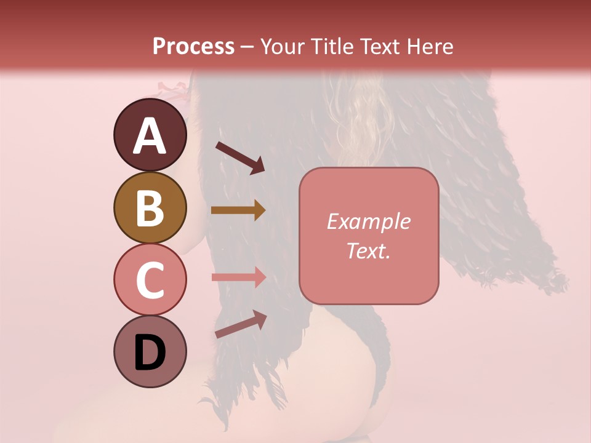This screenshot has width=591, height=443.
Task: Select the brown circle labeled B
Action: [x=150, y=207]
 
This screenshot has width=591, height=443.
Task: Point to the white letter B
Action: [x=150, y=208]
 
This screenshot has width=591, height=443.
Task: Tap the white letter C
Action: [x=150, y=280]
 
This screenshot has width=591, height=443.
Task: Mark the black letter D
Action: [x=150, y=353]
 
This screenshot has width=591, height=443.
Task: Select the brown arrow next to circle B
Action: [x=238, y=210]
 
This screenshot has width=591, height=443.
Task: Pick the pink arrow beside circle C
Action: [x=238, y=277]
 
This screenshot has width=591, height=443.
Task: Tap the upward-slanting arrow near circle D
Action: [x=240, y=324]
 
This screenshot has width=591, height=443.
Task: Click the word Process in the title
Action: [x=193, y=47]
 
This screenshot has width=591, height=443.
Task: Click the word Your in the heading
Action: [x=283, y=47]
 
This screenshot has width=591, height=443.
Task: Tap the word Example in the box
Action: [x=368, y=221]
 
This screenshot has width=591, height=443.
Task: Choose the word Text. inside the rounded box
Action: [x=368, y=250]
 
